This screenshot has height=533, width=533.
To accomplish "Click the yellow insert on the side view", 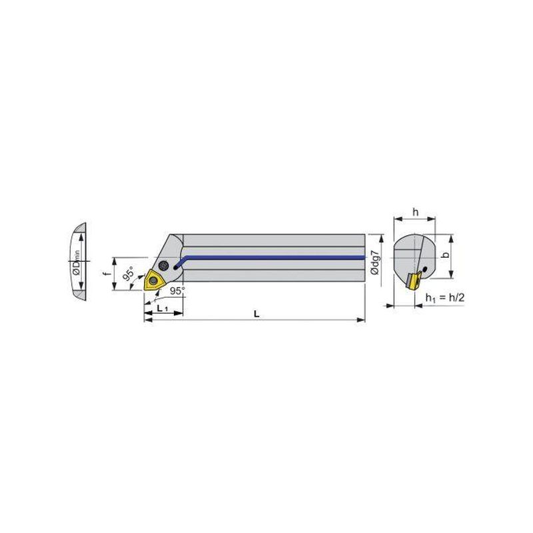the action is (x=152, y=280).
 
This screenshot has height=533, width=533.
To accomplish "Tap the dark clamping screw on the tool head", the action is (x=164, y=265).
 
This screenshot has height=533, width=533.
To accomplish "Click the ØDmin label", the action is (x=77, y=263).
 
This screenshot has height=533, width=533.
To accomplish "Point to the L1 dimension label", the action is (x=163, y=308).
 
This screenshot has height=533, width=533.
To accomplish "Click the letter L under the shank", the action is (x=257, y=314).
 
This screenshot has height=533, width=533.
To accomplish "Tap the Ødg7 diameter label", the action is (x=374, y=263).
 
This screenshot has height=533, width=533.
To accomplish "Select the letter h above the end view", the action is (x=415, y=212).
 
